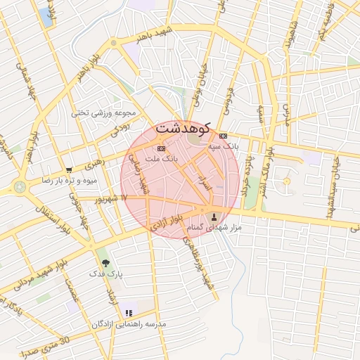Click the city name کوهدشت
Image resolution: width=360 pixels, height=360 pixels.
tap(182, 129)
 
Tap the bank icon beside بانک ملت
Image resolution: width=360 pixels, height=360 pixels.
tap(161, 148)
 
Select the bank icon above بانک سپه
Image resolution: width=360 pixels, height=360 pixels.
tap(223, 136)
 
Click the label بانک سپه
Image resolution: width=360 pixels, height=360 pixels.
tap(224, 146)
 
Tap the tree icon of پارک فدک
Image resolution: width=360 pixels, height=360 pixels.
tap(105, 262)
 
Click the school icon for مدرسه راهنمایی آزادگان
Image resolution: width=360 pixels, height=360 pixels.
tap(128, 313)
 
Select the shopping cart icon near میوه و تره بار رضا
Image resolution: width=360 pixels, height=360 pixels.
tap(69, 169)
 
